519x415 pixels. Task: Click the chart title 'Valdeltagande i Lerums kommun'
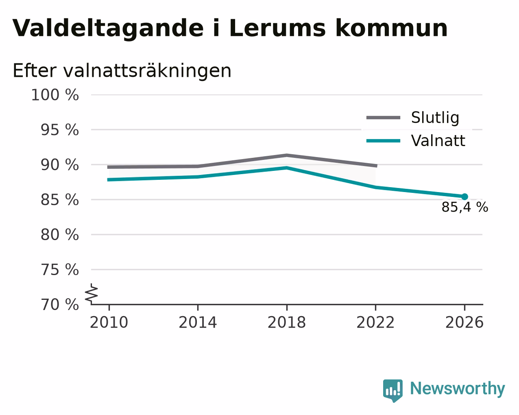pos(230,28)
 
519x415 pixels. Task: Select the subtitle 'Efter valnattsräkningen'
pos(122,71)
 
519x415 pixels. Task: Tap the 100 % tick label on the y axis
pos(55,95)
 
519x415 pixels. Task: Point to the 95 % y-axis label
pos(59,130)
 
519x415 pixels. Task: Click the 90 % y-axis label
pos(59,165)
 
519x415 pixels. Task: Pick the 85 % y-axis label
pos(59,200)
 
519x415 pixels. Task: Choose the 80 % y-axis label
pos(59,235)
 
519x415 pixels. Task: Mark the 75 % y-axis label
pos(59,270)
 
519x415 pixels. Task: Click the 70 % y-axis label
pos(59,304)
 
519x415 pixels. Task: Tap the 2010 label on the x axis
pos(109,323)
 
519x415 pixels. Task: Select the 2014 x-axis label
pos(198,323)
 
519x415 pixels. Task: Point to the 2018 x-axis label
pos(287,323)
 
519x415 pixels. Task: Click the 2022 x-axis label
pos(375,323)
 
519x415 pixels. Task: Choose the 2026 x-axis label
pos(464,323)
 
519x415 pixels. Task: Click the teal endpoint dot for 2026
pos(464,197)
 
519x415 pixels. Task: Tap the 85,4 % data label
pos(465,207)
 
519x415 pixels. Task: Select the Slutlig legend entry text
pos(435,118)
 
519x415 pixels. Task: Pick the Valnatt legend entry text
pos(438,141)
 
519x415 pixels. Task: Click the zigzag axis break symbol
pos(92,293)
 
